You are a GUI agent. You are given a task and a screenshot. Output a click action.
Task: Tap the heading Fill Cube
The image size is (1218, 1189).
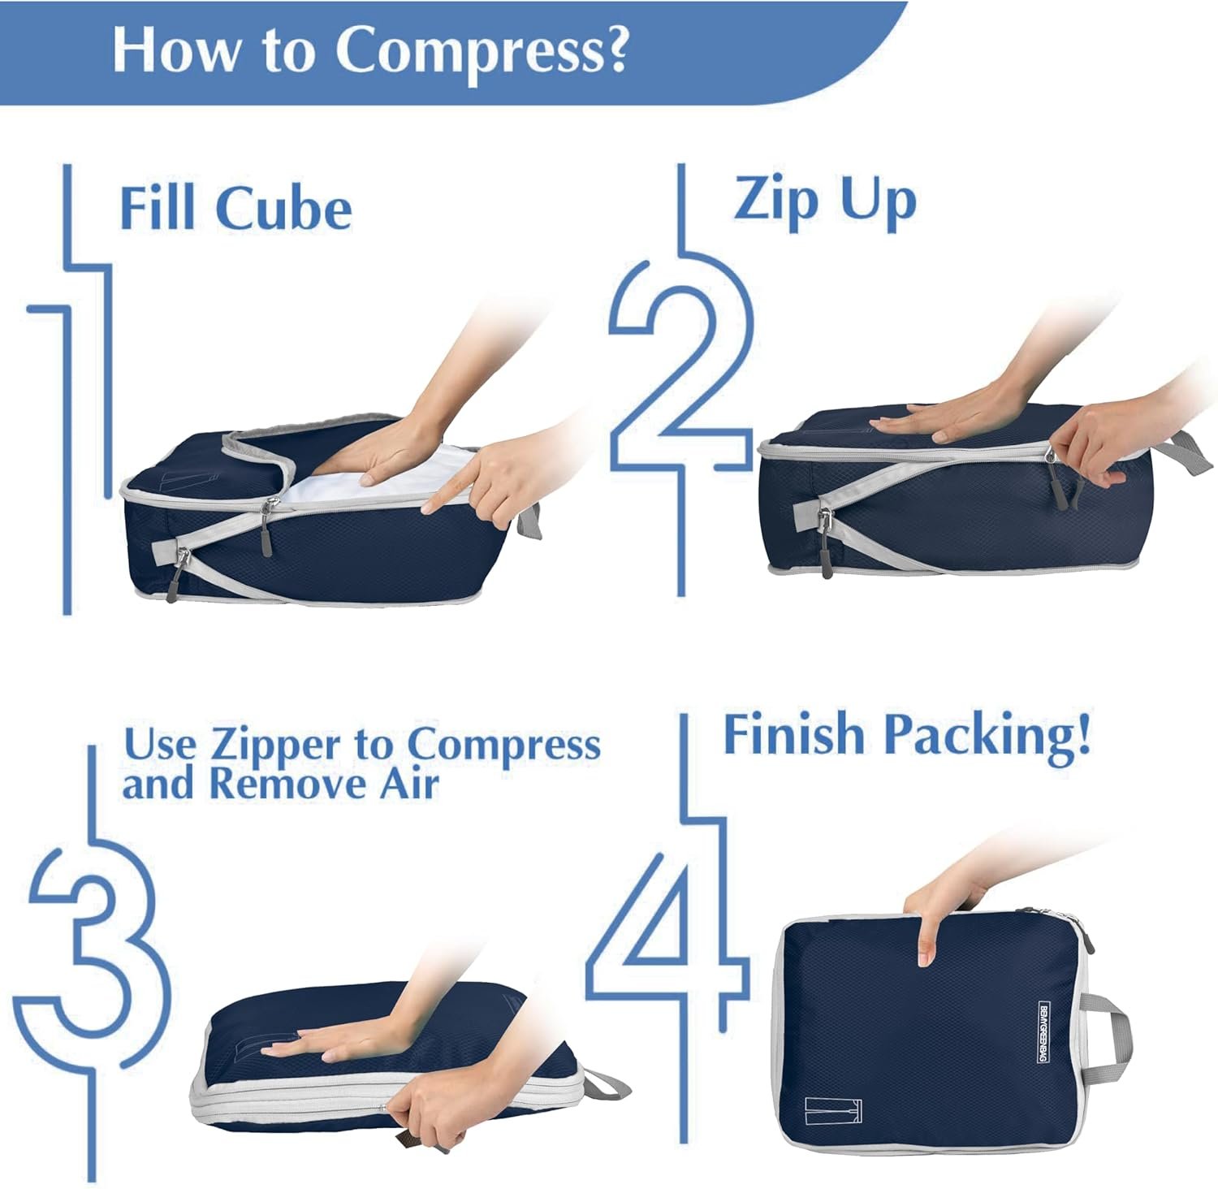[x=235, y=208]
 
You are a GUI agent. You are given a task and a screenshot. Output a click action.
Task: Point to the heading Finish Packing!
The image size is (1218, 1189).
[x=906, y=735]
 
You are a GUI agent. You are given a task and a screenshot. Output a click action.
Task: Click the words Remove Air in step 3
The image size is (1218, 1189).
[x=324, y=785]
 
